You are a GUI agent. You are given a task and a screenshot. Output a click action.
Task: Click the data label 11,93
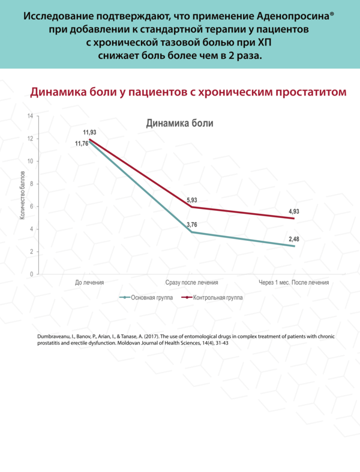(x=89, y=132)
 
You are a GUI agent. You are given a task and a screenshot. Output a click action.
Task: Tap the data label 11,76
(x=82, y=144)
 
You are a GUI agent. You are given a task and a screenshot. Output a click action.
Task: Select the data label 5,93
(x=192, y=199)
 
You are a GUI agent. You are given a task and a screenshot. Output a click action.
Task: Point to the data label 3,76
(x=192, y=225)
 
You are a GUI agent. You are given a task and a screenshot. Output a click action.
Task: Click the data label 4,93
(x=294, y=211)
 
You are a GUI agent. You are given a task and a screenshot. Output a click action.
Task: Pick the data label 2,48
(x=294, y=239)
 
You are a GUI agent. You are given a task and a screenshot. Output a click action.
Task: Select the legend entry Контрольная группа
(x=211, y=297)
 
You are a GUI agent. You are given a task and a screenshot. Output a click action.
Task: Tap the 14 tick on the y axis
(x=29, y=115)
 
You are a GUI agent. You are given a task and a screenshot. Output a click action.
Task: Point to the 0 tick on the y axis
(x=31, y=274)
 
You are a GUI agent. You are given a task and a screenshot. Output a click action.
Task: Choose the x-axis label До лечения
(x=89, y=282)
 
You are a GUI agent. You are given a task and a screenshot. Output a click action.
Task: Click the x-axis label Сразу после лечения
(x=191, y=282)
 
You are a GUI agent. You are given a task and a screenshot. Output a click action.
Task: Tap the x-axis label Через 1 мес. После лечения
(x=294, y=282)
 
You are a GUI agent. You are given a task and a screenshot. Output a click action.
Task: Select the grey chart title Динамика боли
(x=180, y=123)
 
